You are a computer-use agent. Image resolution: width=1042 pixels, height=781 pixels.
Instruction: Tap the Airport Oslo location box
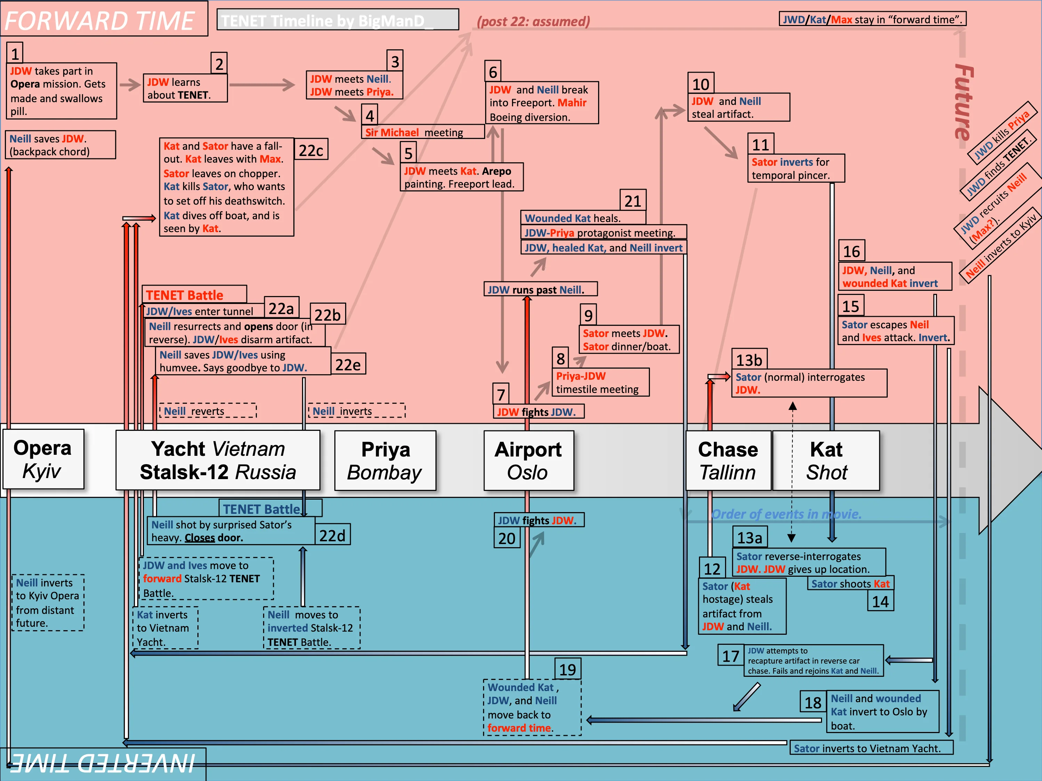[x=529, y=460]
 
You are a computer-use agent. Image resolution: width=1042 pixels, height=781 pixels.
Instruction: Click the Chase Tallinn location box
[x=728, y=460]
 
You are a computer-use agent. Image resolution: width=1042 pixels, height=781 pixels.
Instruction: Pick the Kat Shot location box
[x=826, y=460]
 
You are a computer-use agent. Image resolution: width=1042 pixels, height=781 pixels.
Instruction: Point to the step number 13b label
[x=749, y=360]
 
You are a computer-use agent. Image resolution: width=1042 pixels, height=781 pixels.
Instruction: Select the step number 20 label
[x=507, y=538]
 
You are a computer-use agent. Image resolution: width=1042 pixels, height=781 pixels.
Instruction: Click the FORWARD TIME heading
[x=99, y=20]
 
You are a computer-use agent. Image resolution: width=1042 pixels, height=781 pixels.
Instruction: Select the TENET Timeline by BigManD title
[x=337, y=20]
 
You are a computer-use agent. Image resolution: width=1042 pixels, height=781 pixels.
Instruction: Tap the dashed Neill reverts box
[x=208, y=411]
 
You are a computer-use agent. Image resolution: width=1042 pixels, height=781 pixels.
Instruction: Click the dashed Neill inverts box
[x=357, y=411]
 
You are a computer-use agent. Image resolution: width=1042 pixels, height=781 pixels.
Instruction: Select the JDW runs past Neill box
[x=540, y=289]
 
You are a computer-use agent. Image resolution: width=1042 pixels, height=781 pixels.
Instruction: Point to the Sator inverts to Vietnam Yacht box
[x=871, y=748]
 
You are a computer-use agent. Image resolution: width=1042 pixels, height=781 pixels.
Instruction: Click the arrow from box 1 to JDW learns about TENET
[x=130, y=85]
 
